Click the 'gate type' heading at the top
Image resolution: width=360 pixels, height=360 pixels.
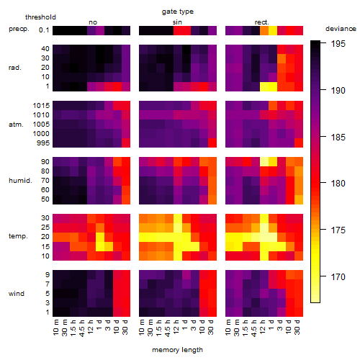178,12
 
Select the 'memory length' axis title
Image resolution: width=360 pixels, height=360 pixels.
178,350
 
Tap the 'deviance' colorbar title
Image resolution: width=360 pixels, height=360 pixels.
341,29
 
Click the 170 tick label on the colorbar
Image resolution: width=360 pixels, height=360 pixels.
338,277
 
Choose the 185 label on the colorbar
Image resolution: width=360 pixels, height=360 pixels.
338,138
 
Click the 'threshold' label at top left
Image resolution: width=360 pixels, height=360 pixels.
40,17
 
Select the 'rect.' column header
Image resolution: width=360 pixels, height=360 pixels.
262,22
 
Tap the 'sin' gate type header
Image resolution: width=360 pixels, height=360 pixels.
177,22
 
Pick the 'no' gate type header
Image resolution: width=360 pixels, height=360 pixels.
93,22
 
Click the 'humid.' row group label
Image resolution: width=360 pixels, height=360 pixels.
20,181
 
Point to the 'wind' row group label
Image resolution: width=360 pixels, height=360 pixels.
17,294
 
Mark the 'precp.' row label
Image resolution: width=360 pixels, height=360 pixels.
19,29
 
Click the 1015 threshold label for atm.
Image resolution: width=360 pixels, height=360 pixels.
41,106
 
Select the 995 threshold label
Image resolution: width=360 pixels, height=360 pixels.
43,143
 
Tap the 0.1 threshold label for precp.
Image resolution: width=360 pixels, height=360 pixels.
44,30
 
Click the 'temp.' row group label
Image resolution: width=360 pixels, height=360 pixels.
18,236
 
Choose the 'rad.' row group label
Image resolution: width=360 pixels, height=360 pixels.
15,68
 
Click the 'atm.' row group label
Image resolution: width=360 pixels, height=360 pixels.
16,125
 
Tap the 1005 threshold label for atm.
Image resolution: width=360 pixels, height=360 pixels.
41,125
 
